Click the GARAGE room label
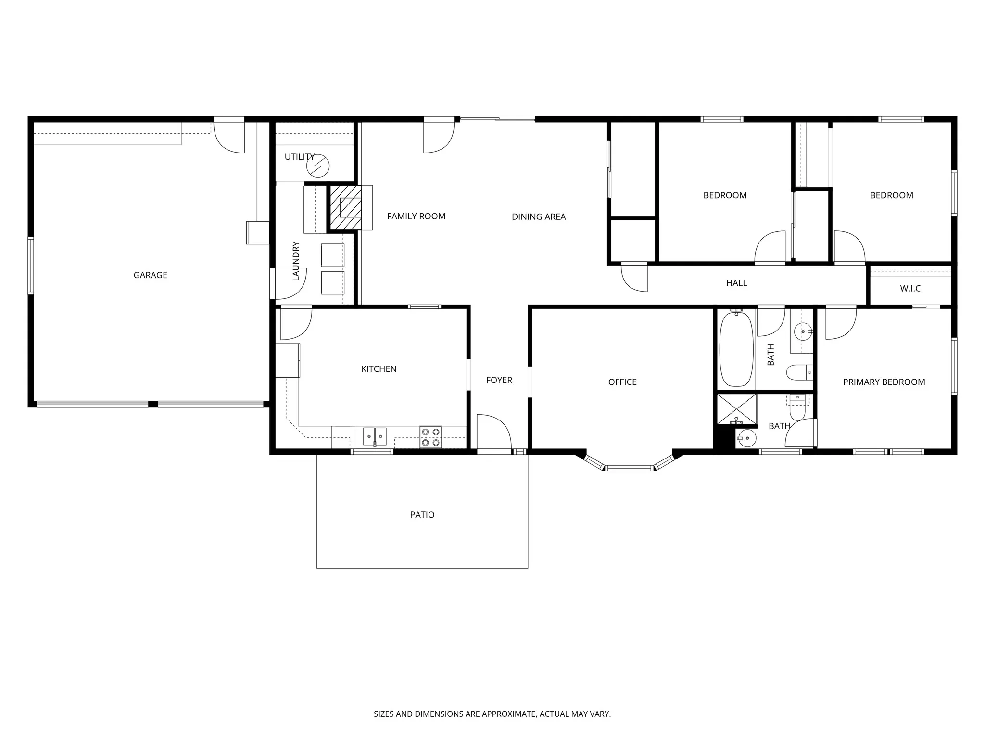(150, 275)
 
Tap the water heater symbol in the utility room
(318, 166)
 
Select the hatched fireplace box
(345, 208)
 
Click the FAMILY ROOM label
(416, 217)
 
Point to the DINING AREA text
(538, 217)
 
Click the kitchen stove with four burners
(430, 437)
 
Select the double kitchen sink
(374, 436)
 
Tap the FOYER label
(499, 380)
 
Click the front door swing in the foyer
(493, 433)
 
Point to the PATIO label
(422, 515)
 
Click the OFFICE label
(622, 382)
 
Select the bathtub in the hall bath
(736, 349)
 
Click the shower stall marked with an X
(736, 409)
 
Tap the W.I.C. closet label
(911, 289)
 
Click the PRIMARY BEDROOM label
(884, 382)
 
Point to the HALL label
(736, 283)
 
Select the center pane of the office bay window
(629, 468)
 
